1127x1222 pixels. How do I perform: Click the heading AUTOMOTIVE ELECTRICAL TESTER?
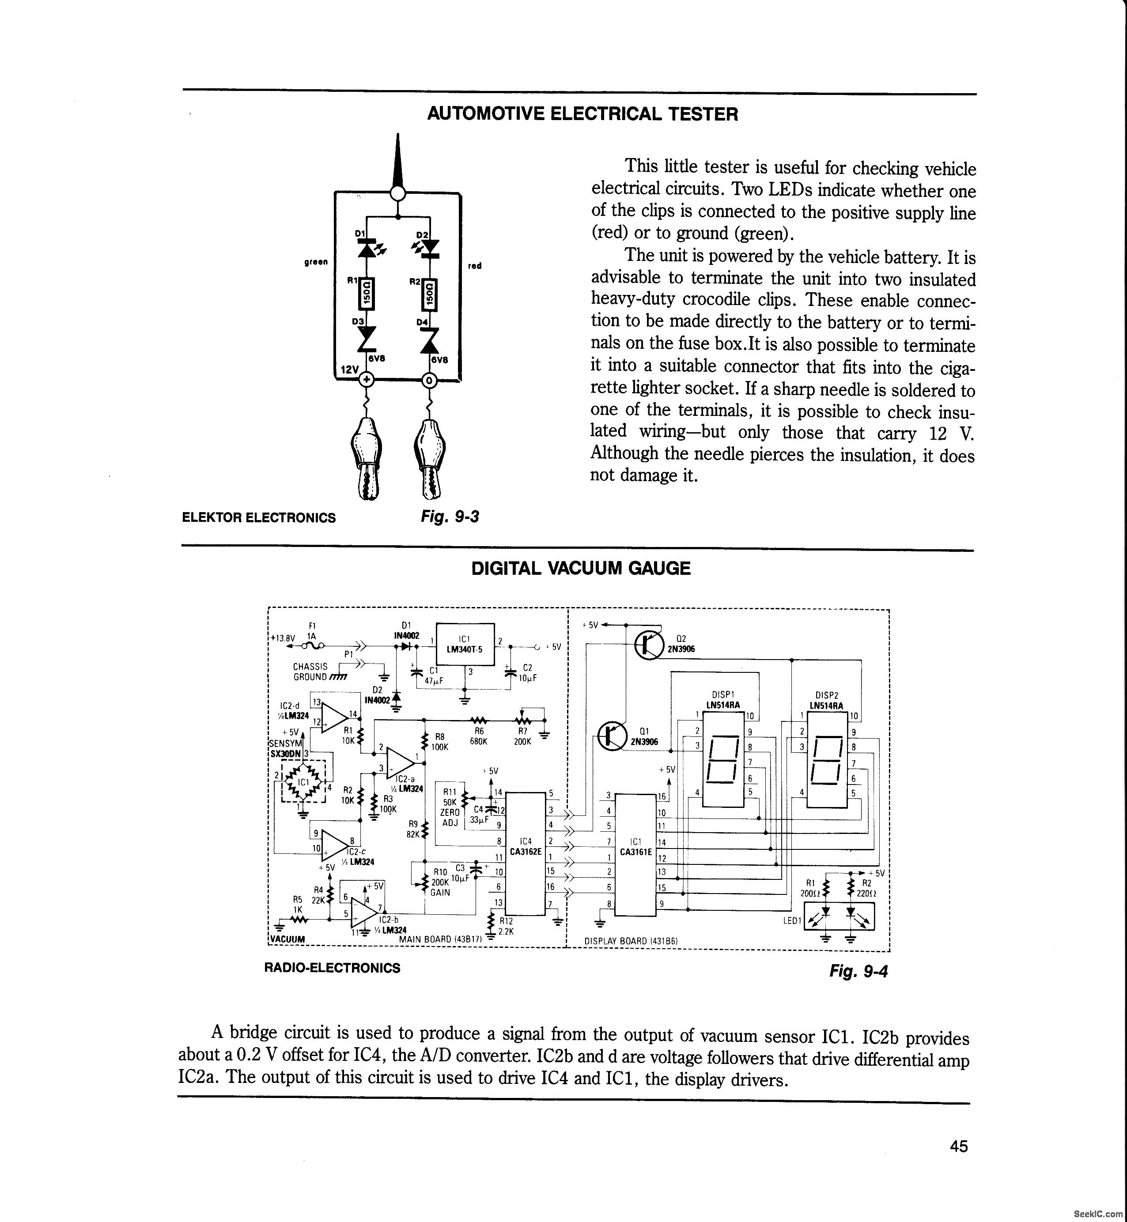(x=582, y=114)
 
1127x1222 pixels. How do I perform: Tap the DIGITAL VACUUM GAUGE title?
(x=581, y=568)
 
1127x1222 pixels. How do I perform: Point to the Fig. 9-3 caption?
(x=450, y=517)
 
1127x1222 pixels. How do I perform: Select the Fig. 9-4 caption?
(x=858, y=971)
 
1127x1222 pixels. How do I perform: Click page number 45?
(x=959, y=1147)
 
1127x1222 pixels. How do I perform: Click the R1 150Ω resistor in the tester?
(x=367, y=294)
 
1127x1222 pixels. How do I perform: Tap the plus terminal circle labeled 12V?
(x=367, y=380)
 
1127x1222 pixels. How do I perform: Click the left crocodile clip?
(x=366, y=457)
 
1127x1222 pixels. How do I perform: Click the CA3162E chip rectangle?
(x=526, y=853)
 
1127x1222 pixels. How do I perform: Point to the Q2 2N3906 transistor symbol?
(x=649, y=645)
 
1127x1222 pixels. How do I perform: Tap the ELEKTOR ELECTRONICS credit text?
(x=259, y=518)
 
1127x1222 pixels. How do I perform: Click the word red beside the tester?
(x=474, y=266)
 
